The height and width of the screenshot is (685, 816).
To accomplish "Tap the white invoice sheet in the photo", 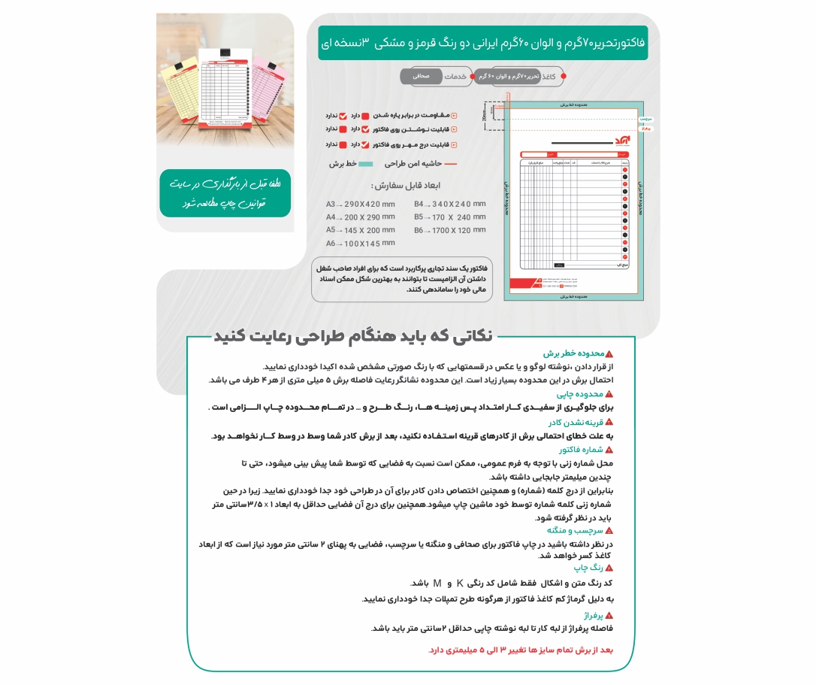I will coord(225,88).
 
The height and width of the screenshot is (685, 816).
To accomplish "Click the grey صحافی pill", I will coord(421,76).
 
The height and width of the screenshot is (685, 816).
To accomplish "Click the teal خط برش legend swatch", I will coord(365,163).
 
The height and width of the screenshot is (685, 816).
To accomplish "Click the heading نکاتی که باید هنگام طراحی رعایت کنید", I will coord(353,335).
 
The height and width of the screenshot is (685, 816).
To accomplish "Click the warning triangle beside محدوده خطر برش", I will coord(609,353).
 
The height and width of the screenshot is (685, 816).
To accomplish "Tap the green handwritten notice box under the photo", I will coord(225,193).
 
